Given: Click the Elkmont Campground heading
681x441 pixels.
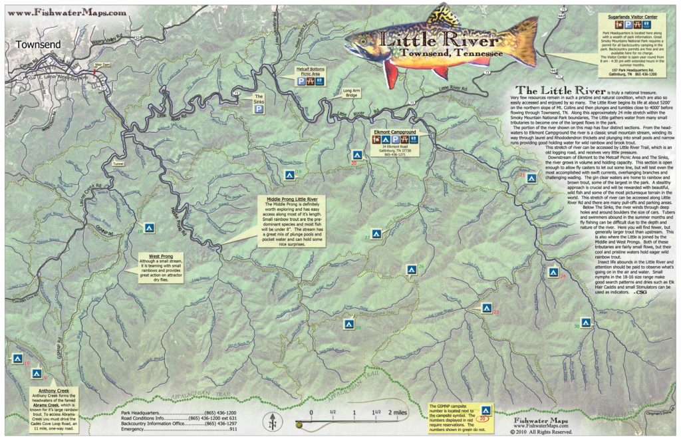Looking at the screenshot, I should (x=400, y=132).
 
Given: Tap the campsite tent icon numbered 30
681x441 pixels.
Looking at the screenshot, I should (x=586, y=323).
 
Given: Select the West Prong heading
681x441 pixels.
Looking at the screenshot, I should (x=153, y=255).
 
